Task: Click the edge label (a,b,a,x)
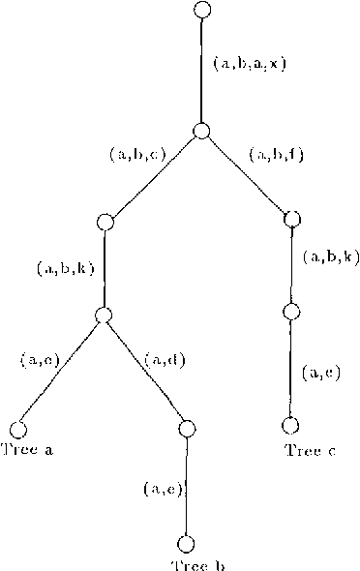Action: click(249, 64)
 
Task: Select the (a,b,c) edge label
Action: click(137, 153)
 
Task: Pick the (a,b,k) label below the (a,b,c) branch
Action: click(64, 267)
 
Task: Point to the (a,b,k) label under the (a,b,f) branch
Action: click(331, 256)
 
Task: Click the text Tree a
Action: click(26, 448)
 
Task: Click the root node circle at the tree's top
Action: click(201, 10)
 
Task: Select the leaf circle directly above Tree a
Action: click(17, 428)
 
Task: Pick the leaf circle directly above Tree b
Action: click(186, 544)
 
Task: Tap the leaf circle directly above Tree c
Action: click(289, 424)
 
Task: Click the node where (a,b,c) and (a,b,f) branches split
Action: click(201, 132)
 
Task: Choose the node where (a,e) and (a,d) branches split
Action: click(104, 315)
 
